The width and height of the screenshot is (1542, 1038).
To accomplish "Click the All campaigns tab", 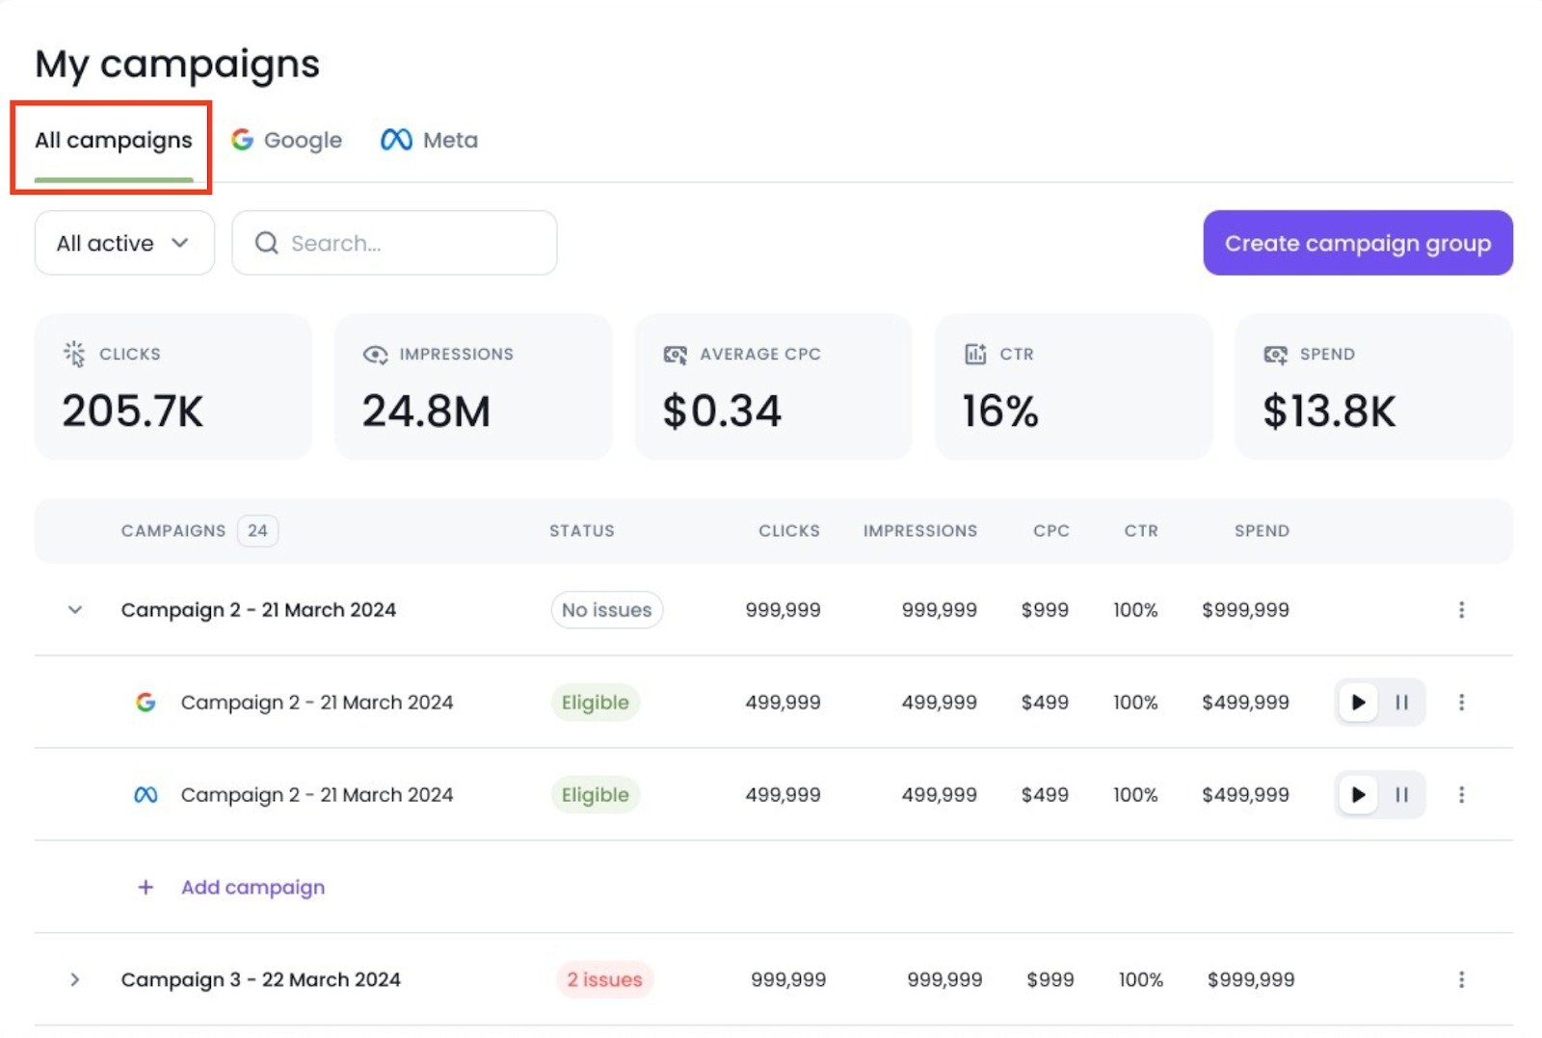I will click(113, 141).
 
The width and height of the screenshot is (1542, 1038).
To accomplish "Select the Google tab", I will click(286, 141).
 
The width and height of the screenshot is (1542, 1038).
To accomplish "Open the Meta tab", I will click(429, 141).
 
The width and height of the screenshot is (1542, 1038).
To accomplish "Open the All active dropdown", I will click(123, 243).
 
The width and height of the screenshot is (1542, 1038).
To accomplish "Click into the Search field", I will click(395, 243).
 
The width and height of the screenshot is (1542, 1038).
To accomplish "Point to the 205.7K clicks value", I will click(133, 412).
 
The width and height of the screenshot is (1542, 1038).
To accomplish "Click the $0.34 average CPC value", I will click(722, 412).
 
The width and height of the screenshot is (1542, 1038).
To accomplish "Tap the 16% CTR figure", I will click(1000, 412).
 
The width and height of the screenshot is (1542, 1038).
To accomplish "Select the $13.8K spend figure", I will click(1329, 412).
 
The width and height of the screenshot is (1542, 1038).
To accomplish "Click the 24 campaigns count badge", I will click(257, 531).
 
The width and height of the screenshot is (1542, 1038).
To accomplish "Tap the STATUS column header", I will click(581, 531).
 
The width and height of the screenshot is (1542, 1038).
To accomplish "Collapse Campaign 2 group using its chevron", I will click(75, 610).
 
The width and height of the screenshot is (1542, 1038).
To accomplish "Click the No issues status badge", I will click(606, 610).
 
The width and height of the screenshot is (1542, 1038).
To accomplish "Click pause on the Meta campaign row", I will click(1401, 795).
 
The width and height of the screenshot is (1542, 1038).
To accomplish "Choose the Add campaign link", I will click(253, 888).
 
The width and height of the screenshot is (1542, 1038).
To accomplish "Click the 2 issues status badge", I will click(604, 980).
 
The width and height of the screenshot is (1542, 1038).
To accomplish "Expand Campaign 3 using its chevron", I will click(75, 980).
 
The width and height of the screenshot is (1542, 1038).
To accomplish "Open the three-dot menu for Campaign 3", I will click(1461, 980).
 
